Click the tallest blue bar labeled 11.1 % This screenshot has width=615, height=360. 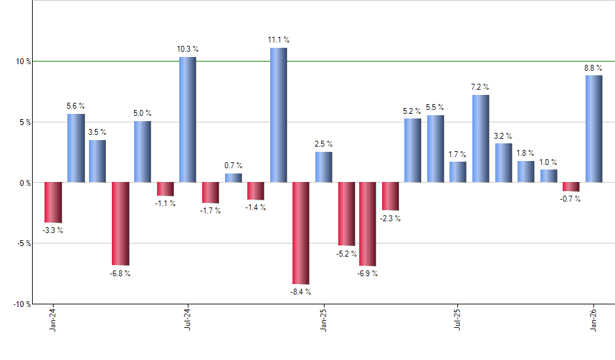point(278,115)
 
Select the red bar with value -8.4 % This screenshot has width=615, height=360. point(301,233)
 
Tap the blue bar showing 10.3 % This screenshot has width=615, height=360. point(188,119)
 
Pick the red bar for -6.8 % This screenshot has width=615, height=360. point(120,223)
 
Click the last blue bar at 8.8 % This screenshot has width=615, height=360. point(594,128)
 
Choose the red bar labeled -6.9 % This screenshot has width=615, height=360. point(368,224)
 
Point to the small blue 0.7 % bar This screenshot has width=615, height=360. point(234,177)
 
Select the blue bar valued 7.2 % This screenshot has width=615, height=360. point(481,138)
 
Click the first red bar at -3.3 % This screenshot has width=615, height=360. point(53,202)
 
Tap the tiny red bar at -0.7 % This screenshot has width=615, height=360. point(571,187)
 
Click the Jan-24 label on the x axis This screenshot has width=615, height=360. point(53,320)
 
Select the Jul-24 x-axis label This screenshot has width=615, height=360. point(188,320)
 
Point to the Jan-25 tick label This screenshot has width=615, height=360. point(323,320)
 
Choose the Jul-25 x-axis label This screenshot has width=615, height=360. point(458,320)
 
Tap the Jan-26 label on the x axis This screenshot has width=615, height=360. point(594,320)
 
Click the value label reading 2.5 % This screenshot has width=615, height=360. point(323,144)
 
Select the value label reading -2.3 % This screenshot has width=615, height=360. point(390,219)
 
